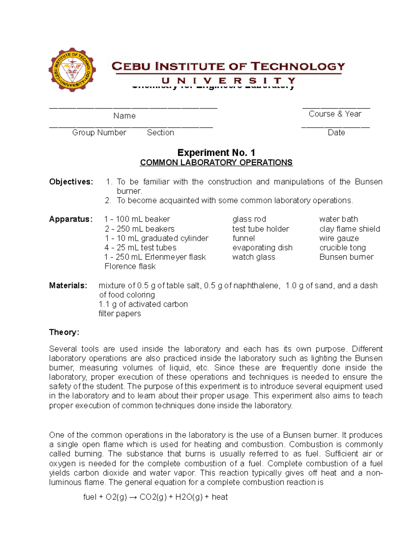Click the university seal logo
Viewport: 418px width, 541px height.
(x=72, y=70)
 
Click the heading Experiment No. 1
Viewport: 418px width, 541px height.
(x=216, y=153)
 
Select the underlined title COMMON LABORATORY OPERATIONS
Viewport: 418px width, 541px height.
(x=216, y=163)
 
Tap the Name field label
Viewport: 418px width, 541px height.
(x=124, y=116)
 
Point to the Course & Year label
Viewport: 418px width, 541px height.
(x=335, y=114)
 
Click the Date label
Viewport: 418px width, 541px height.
(x=336, y=133)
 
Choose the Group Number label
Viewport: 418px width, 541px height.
(x=99, y=133)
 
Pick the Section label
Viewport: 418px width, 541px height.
(x=160, y=133)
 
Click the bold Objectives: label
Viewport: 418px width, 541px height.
(x=71, y=182)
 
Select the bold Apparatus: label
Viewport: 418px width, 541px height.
(x=71, y=219)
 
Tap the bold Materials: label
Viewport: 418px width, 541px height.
(x=68, y=286)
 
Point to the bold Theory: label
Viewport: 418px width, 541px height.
(x=64, y=332)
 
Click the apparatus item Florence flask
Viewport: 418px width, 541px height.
(x=130, y=266)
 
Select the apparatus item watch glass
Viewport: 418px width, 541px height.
(x=254, y=257)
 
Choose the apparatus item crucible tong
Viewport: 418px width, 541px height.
(x=342, y=248)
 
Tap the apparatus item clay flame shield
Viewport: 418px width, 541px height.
(x=349, y=229)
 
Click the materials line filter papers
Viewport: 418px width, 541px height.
(x=120, y=314)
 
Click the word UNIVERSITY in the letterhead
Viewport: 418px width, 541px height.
(x=229, y=81)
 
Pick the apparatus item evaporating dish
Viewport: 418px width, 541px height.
(x=262, y=248)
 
